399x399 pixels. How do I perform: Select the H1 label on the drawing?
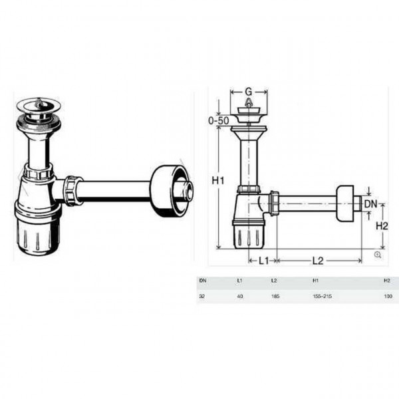tap(217, 179)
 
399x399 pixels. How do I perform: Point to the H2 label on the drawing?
tap(382, 226)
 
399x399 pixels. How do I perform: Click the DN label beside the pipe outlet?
tap(370, 203)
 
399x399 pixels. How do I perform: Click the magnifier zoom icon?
tap(378, 255)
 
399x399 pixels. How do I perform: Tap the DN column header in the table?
tap(203, 281)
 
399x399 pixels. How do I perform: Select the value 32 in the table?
tap(202, 297)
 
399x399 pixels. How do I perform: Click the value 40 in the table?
tap(240, 297)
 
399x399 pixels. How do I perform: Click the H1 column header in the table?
tap(316, 281)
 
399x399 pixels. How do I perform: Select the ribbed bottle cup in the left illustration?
tap(38, 233)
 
